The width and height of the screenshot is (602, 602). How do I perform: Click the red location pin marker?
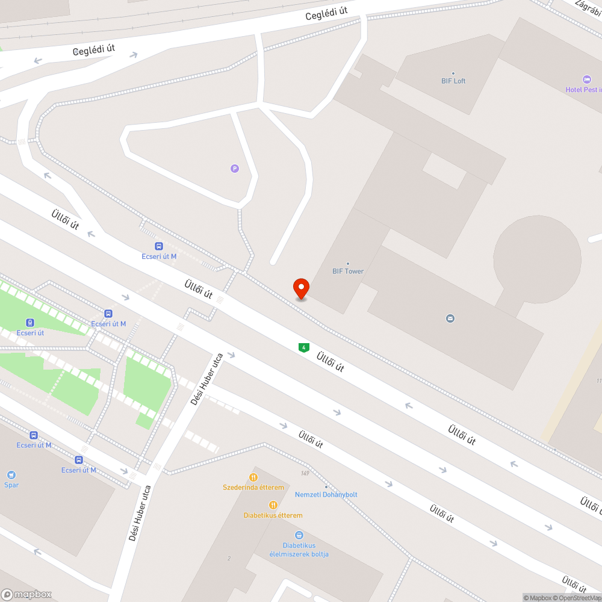(x=301, y=288)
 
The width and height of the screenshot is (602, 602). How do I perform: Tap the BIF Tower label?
(x=348, y=271)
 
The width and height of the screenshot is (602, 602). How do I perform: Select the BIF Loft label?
(x=453, y=81)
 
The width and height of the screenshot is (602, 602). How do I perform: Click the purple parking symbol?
(x=235, y=169)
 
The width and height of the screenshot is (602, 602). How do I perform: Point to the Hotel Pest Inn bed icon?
(x=587, y=79)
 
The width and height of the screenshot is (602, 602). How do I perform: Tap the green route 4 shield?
(x=304, y=347)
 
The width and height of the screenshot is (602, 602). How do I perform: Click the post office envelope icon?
(x=450, y=318)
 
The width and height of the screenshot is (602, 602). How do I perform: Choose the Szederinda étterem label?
(x=253, y=487)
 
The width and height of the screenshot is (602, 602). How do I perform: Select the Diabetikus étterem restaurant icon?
(x=273, y=504)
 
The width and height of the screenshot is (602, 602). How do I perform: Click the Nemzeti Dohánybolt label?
(x=326, y=494)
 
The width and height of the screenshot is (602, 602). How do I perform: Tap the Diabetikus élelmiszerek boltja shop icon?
(x=299, y=535)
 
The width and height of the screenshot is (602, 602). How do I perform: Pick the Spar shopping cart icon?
(x=11, y=474)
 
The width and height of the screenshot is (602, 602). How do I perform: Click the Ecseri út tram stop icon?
(x=30, y=323)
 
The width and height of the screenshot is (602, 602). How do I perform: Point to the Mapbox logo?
(x=26, y=594)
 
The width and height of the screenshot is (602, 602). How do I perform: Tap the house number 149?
(x=306, y=473)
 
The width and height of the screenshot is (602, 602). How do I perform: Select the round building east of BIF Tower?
(x=537, y=259)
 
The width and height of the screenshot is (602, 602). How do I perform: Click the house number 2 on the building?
(x=229, y=559)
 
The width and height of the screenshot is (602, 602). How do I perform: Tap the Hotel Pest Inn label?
(x=583, y=90)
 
